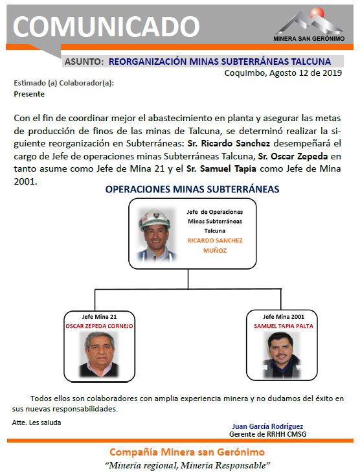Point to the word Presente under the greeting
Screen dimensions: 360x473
point(29,94)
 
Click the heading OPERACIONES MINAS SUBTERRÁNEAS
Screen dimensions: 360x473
point(192,189)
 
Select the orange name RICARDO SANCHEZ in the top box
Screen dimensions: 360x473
point(215,240)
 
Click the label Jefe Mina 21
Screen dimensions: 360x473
point(99,317)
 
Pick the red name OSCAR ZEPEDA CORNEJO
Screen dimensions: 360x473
point(99,326)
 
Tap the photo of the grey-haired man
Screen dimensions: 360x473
point(98,354)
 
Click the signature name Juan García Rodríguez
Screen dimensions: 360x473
point(267,426)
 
